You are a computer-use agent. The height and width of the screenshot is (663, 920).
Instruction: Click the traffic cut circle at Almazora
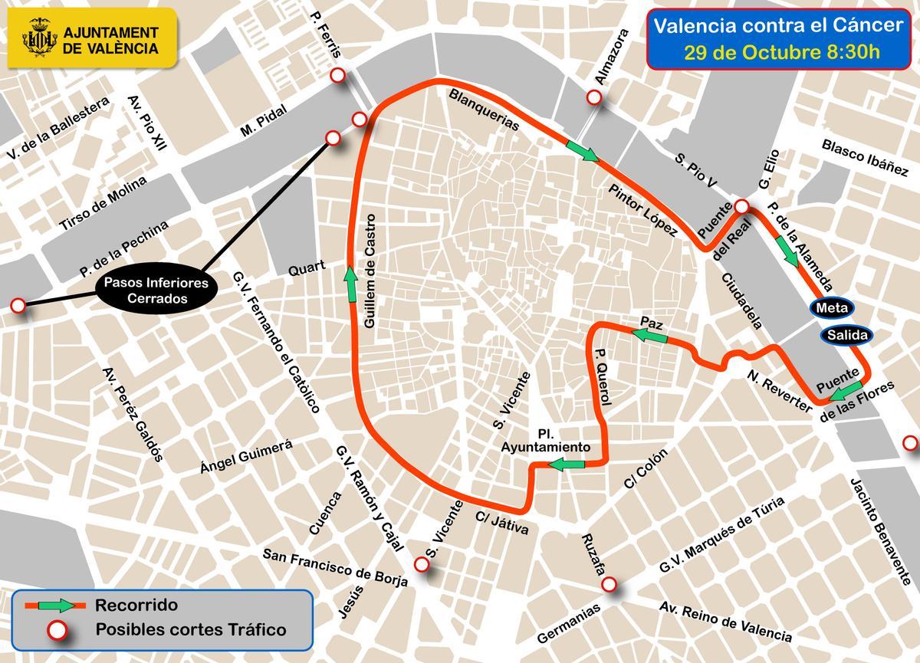point(593,98)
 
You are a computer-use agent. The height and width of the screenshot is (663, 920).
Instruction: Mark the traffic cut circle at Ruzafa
point(609,585)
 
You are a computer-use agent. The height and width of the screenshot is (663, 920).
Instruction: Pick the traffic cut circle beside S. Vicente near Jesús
point(421,564)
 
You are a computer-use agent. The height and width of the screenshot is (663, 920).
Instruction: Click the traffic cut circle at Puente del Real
point(741,207)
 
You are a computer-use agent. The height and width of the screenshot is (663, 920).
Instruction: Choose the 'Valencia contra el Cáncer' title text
point(778,26)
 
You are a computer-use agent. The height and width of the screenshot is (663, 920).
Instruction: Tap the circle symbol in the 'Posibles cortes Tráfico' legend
point(55,631)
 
